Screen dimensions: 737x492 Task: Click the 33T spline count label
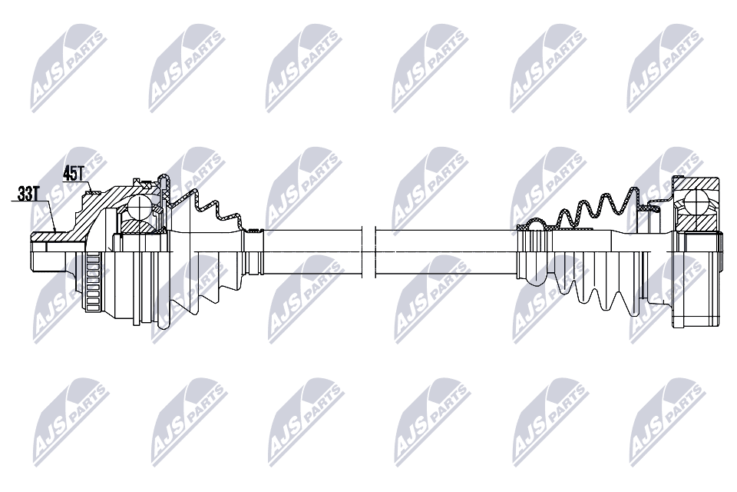coord(27,194)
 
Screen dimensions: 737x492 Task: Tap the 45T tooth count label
coord(73,174)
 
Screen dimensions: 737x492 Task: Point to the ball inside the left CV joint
coord(140,207)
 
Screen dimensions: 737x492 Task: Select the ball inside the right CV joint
coord(696,201)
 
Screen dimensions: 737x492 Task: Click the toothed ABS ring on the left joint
coord(94,281)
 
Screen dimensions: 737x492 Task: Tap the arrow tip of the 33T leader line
coord(56,231)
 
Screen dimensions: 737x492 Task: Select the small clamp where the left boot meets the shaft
coord(254,231)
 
